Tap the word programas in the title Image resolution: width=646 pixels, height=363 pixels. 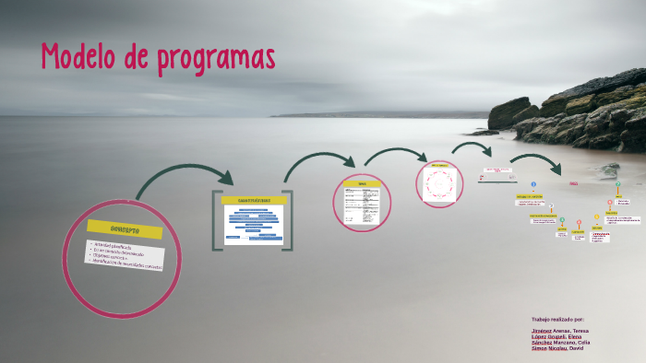(216, 59)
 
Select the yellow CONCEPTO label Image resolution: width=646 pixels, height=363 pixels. (124, 228)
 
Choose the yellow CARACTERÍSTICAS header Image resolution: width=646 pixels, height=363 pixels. (252, 199)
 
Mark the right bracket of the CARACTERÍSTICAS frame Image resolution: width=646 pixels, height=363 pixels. (289, 221)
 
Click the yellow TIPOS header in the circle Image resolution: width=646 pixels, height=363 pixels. (362, 183)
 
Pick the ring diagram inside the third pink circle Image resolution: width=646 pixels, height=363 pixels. (437, 183)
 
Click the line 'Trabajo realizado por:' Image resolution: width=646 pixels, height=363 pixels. (553, 318)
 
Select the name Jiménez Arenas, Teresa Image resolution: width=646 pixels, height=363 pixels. (559, 330)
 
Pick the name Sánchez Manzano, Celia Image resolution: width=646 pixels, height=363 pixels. (560, 343)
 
